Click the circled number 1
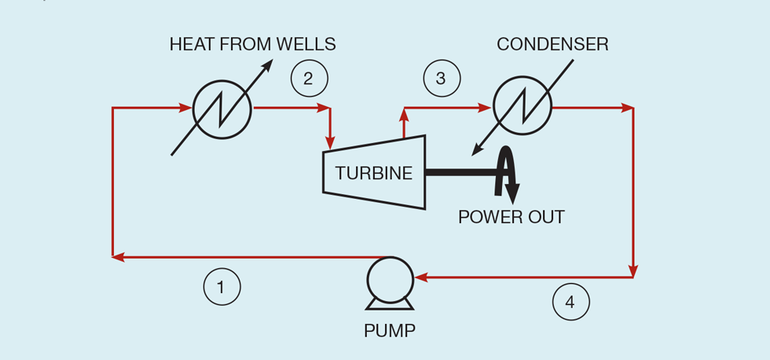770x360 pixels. click(222, 288)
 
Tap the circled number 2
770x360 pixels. click(309, 78)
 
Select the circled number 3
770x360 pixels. click(442, 78)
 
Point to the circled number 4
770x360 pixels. click(570, 302)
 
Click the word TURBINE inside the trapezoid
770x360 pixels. click(374, 174)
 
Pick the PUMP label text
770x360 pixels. click(390, 330)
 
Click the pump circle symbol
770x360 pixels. click(390, 280)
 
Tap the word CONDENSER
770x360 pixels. click(552, 44)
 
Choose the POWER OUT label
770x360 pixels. click(511, 217)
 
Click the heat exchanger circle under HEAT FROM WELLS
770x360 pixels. click(222, 108)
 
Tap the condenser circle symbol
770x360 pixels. click(522, 108)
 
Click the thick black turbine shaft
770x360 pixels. click(460, 171)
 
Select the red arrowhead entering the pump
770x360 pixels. click(420, 277)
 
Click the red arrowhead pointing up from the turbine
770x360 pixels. click(404, 114)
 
